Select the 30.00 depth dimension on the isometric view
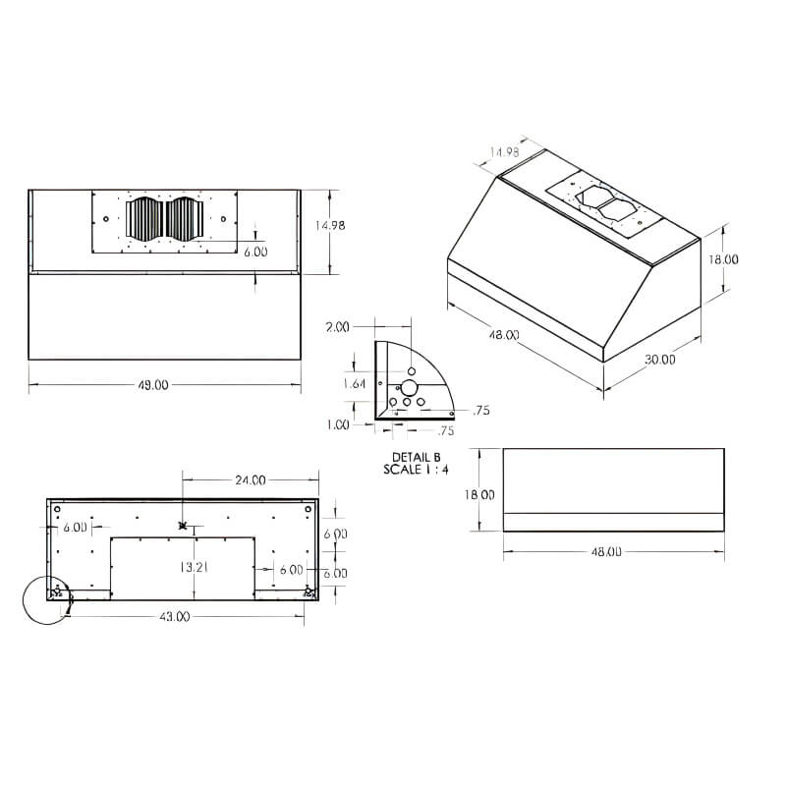pyautogui.click(x=660, y=360)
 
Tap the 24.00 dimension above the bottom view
pyautogui.click(x=250, y=480)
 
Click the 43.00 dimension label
pyautogui.click(x=174, y=616)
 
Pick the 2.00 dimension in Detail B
pyautogui.click(x=337, y=326)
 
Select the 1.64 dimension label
pyautogui.click(x=354, y=384)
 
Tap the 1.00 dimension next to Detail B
pyautogui.click(x=337, y=424)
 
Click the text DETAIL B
pyautogui.click(x=417, y=458)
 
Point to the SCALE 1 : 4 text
pyautogui.click(x=417, y=470)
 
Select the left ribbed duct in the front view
pyautogui.click(x=144, y=218)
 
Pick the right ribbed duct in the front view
pyautogui.click(x=184, y=218)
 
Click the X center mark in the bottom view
pyautogui.click(x=183, y=527)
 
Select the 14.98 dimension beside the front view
pyautogui.click(x=329, y=225)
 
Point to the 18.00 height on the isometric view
pyautogui.click(x=723, y=259)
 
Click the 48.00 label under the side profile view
pyautogui.click(x=606, y=552)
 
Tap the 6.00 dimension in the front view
pyautogui.click(x=255, y=252)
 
